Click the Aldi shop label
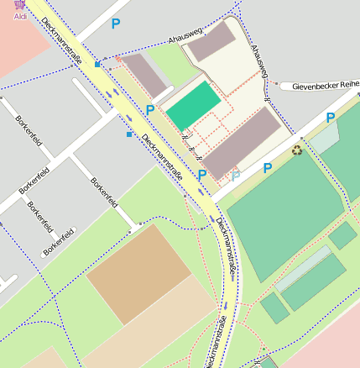pyautogui.click(x=19, y=17)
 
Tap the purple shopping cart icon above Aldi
pyautogui.click(x=19, y=5)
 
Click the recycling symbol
pyautogui.click(x=297, y=150)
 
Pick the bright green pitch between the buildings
pyautogui.click(x=194, y=107)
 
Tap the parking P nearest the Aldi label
pyautogui.click(x=116, y=24)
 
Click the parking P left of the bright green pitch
pyautogui.click(x=150, y=109)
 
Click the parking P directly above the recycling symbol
pyautogui.click(x=331, y=118)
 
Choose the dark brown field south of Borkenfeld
pyautogui.click(x=138, y=272)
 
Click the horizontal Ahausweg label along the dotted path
pyautogui.click(x=185, y=37)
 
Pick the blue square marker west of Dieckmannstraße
pyautogui.click(x=129, y=134)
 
